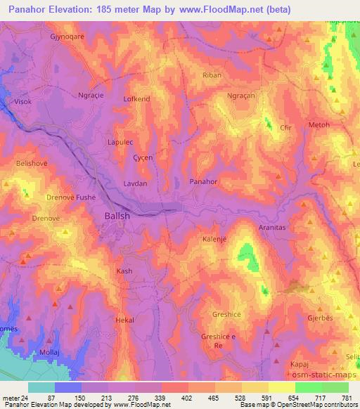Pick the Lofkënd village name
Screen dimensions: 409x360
pyautogui.click(x=137, y=99)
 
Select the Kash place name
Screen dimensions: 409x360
pyautogui.click(x=124, y=271)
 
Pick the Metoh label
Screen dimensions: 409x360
pyautogui.click(x=319, y=125)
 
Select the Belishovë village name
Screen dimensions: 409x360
pyautogui.click(x=31, y=163)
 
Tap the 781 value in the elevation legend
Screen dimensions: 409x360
pyautogui.click(x=346, y=398)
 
